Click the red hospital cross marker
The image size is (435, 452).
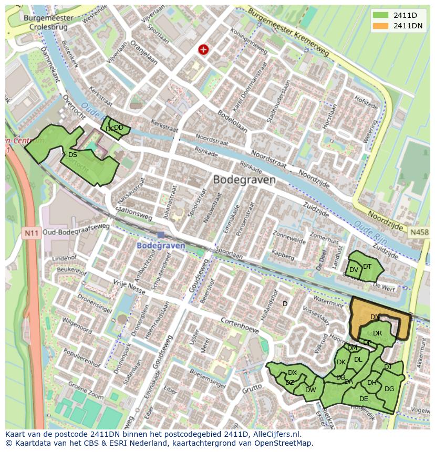(x=203, y=49)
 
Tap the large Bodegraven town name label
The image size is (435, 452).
(x=244, y=180)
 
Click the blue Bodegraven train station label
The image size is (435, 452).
(x=161, y=246)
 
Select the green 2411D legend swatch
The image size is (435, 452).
(x=380, y=15)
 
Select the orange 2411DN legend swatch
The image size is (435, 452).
(x=380, y=26)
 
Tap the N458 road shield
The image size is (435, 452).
(x=419, y=232)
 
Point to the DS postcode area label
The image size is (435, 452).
(x=72, y=155)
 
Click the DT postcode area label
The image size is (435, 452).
(x=367, y=267)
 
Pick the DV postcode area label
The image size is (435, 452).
(x=354, y=270)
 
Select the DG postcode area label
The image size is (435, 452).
(x=389, y=389)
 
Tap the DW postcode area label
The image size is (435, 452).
(x=310, y=390)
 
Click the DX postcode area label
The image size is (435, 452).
(x=292, y=373)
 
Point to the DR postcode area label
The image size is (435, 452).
(x=377, y=333)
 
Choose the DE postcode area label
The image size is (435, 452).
(x=364, y=399)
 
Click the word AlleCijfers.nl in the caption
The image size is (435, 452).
(x=276, y=434)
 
